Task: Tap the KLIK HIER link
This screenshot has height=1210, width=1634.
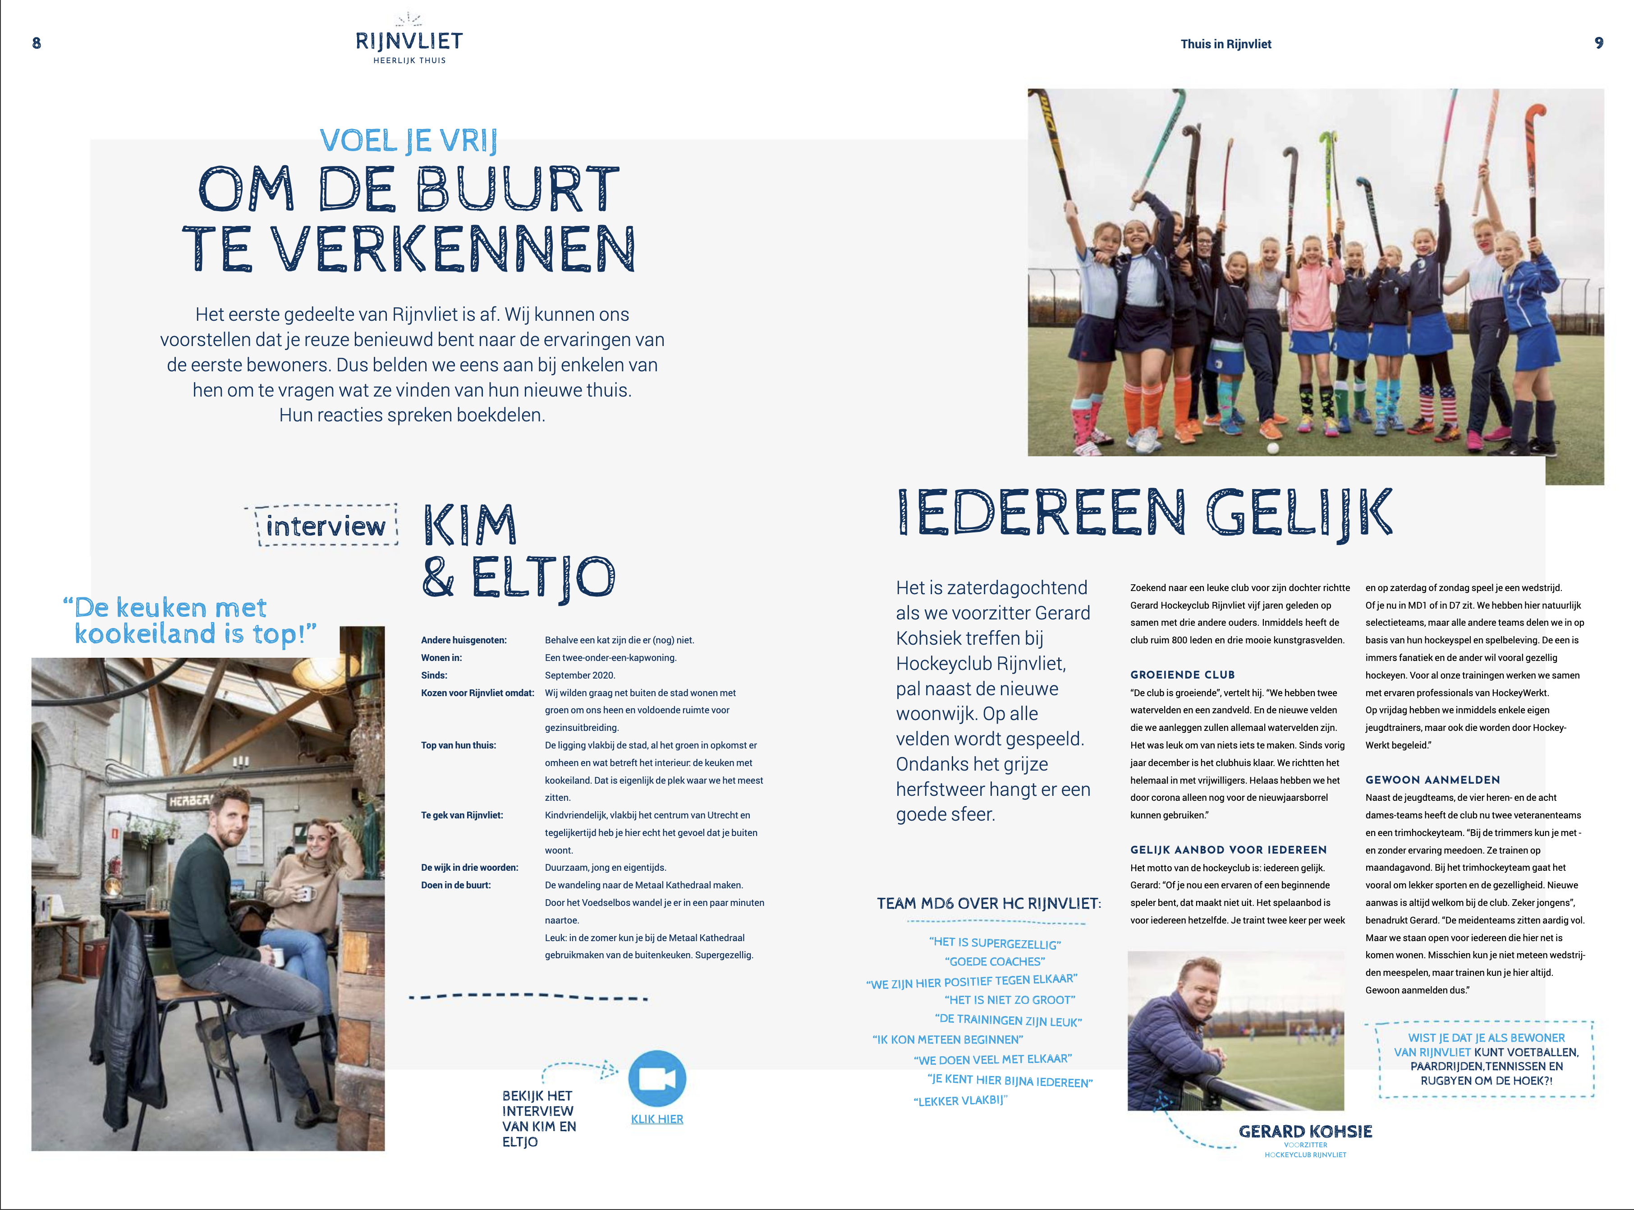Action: tap(656, 1119)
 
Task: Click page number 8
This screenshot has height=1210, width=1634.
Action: tap(37, 43)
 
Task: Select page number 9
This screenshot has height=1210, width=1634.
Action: tap(1599, 43)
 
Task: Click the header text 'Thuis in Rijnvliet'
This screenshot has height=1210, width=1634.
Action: tap(1225, 44)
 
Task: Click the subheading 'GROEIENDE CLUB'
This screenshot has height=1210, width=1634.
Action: tap(1182, 674)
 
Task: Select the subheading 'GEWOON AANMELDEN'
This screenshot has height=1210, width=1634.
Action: tap(1432, 780)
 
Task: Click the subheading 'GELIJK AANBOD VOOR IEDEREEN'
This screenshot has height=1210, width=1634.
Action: tap(1228, 850)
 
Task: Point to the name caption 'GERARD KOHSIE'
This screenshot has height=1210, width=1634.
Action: tap(1305, 1131)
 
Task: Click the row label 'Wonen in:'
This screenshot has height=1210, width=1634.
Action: tap(441, 658)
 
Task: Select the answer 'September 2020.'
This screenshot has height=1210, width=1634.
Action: tap(580, 675)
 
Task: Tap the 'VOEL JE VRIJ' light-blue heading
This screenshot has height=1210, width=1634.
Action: tap(408, 141)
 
